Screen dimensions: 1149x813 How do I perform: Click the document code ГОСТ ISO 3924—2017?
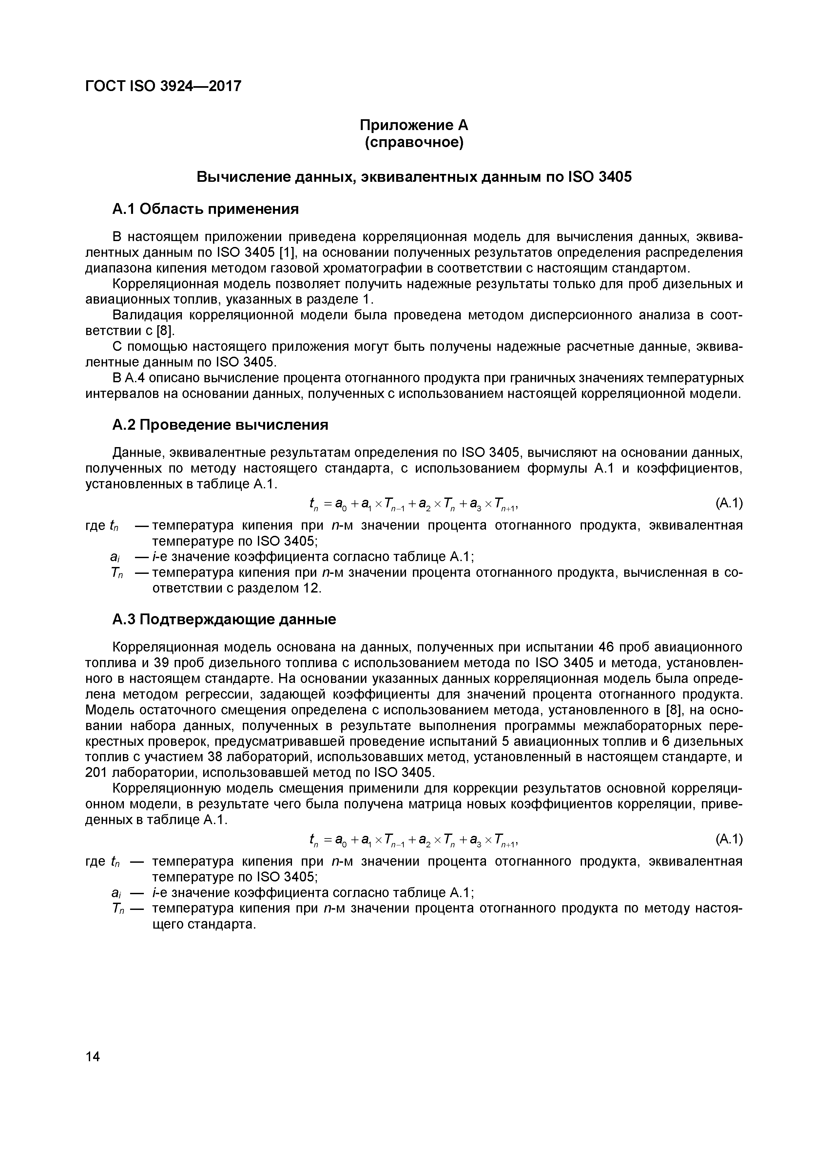click(x=163, y=86)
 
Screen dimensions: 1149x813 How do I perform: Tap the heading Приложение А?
click(x=414, y=124)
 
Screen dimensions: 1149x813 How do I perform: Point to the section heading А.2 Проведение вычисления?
click(x=220, y=425)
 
